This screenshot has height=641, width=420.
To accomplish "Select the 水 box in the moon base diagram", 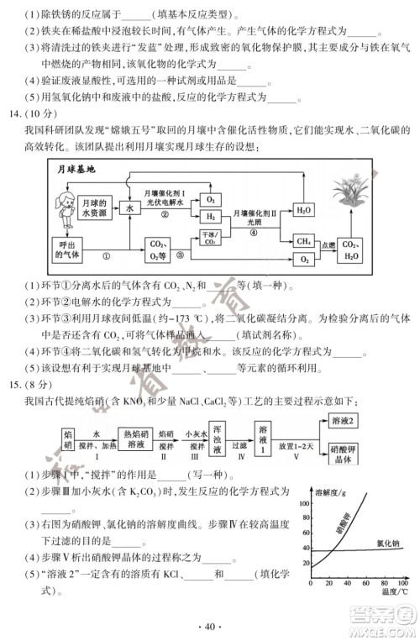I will (x=130, y=207).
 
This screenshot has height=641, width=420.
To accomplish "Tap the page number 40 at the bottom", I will (x=210, y=625).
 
